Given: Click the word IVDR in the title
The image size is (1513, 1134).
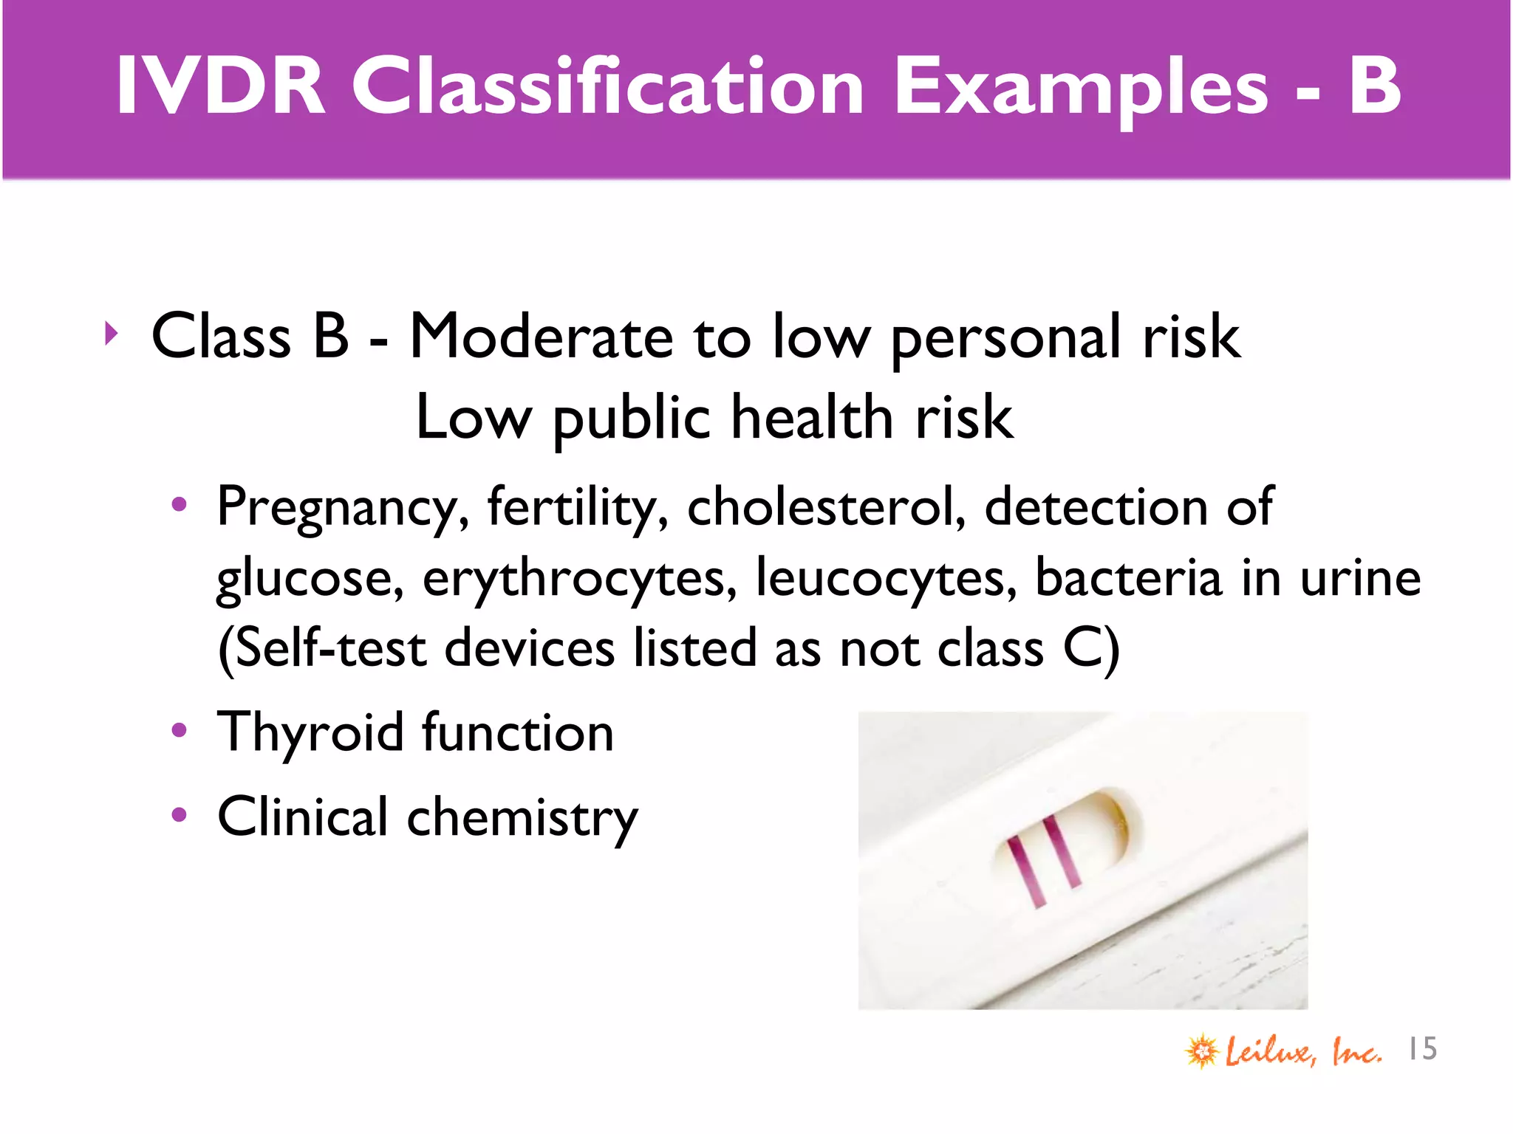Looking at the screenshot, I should coord(220,86).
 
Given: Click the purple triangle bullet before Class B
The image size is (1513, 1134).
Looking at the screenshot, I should coord(111,334).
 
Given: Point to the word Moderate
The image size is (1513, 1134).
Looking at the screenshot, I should coord(541,337).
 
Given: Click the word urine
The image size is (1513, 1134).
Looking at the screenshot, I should coord(1360,578).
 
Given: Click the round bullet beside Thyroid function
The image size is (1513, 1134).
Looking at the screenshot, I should coord(179,731).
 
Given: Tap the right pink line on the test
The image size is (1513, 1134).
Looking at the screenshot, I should coord(1062,850).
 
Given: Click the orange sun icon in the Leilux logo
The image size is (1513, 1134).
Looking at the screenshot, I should coord(1202,1051).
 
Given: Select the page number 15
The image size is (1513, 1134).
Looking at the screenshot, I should coord(1422,1048).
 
